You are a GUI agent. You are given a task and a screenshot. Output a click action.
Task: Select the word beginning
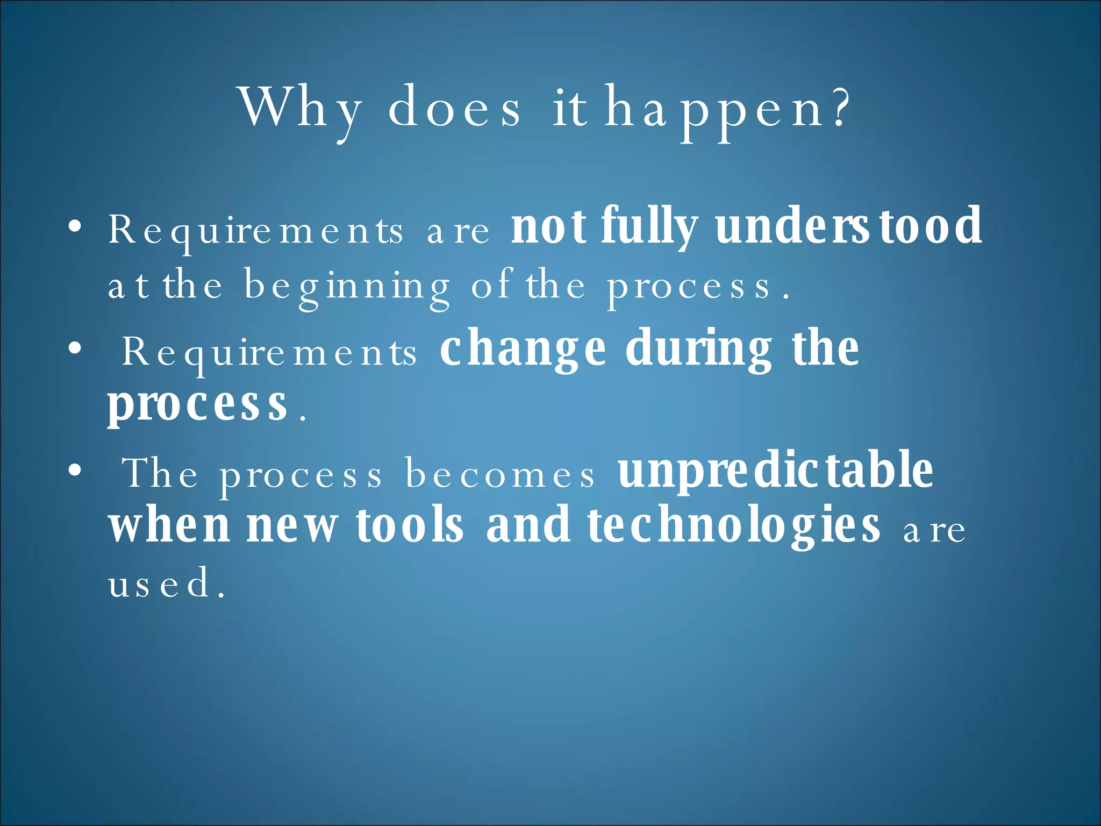pos(347,288)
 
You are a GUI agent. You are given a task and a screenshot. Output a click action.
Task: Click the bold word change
pos(523,350)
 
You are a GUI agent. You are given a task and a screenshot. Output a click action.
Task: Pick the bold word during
pos(699,350)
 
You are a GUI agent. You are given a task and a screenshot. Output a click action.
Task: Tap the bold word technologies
pos(734,527)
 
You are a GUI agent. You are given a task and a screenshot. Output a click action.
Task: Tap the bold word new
pos(292,527)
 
